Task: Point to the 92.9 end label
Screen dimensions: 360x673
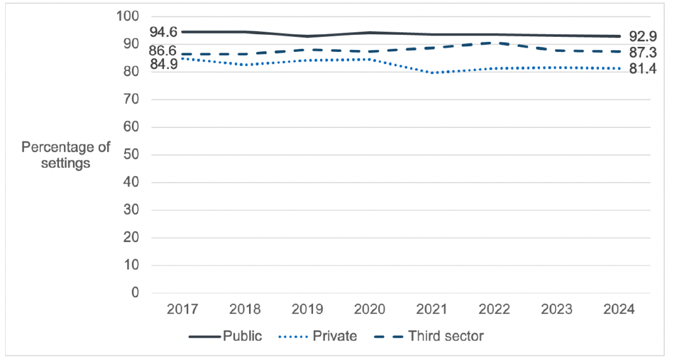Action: (x=643, y=35)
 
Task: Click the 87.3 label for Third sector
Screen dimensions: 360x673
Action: (x=643, y=52)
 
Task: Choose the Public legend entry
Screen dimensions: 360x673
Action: (x=225, y=336)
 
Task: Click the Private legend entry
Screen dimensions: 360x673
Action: (x=317, y=336)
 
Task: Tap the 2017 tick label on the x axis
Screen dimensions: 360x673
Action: (x=183, y=310)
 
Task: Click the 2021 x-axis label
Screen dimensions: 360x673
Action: (x=432, y=310)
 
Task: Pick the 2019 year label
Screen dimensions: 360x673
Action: (x=307, y=310)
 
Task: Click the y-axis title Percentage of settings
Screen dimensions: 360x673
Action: (x=66, y=155)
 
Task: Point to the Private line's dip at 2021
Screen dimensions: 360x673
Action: (x=432, y=73)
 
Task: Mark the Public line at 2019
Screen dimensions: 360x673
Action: (x=307, y=36)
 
